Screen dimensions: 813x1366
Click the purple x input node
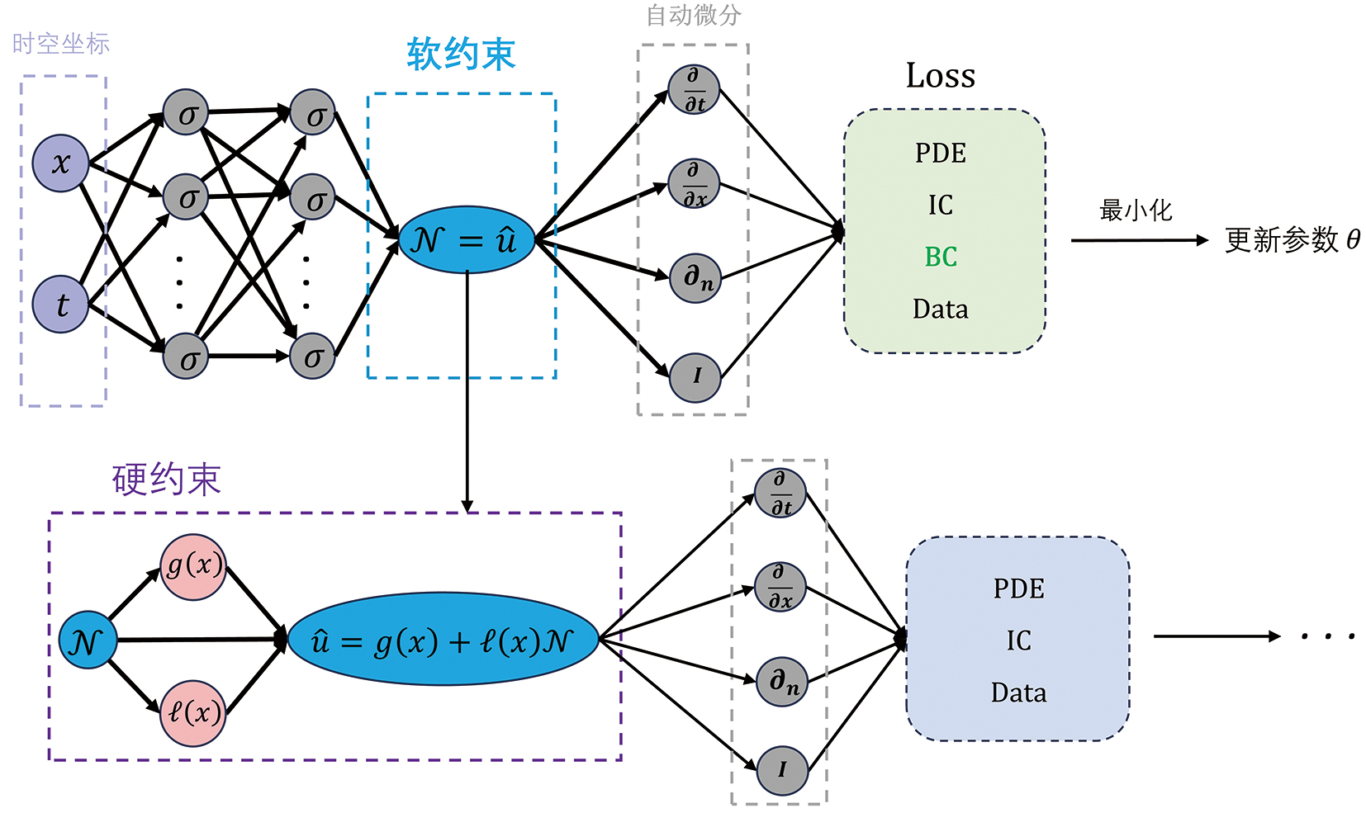pos(60,163)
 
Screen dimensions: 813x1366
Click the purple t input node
pos(60,305)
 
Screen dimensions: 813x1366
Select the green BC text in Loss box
pos(941,258)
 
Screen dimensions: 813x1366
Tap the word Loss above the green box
pos(941,76)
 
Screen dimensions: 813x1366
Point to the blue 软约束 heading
pos(461,55)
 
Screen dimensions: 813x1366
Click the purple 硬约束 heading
pos(167,480)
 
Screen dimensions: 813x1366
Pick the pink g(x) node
pos(193,567)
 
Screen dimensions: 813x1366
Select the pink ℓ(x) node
pos(193,713)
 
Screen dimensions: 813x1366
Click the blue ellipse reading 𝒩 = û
pos(467,240)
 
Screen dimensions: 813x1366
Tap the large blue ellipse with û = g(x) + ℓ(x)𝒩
pos(443,640)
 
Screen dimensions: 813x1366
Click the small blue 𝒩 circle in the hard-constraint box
pos(88,640)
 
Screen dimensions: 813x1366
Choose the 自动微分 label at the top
pos(694,15)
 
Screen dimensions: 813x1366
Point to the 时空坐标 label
pos(61,44)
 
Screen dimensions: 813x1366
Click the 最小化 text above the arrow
pos(1136,210)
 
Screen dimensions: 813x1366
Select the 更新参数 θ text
pos(1292,240)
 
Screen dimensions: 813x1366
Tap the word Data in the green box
pos(941,310)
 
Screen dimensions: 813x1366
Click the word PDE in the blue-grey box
pos(1018,588)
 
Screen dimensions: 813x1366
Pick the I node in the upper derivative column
pos(695,377)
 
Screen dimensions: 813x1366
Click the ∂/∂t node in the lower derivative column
pos(780,493)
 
